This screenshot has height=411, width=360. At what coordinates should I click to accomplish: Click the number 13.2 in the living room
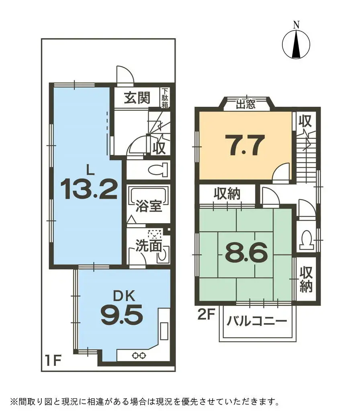pyautogui.click(x=89, y=189)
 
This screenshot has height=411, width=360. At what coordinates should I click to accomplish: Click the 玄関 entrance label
pyautogui.click(x=137, y=98)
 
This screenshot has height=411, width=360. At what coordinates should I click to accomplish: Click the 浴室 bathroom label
pyautogui.click(x=148, y=206)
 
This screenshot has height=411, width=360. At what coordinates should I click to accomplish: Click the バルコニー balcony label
pyautogui.click(x=257, y=321)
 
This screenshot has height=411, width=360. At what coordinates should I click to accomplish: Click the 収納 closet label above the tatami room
pyautogui.click(x=227, y=195)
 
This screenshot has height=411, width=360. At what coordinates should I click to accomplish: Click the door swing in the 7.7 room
pyautogui.click(x=282, y=172)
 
